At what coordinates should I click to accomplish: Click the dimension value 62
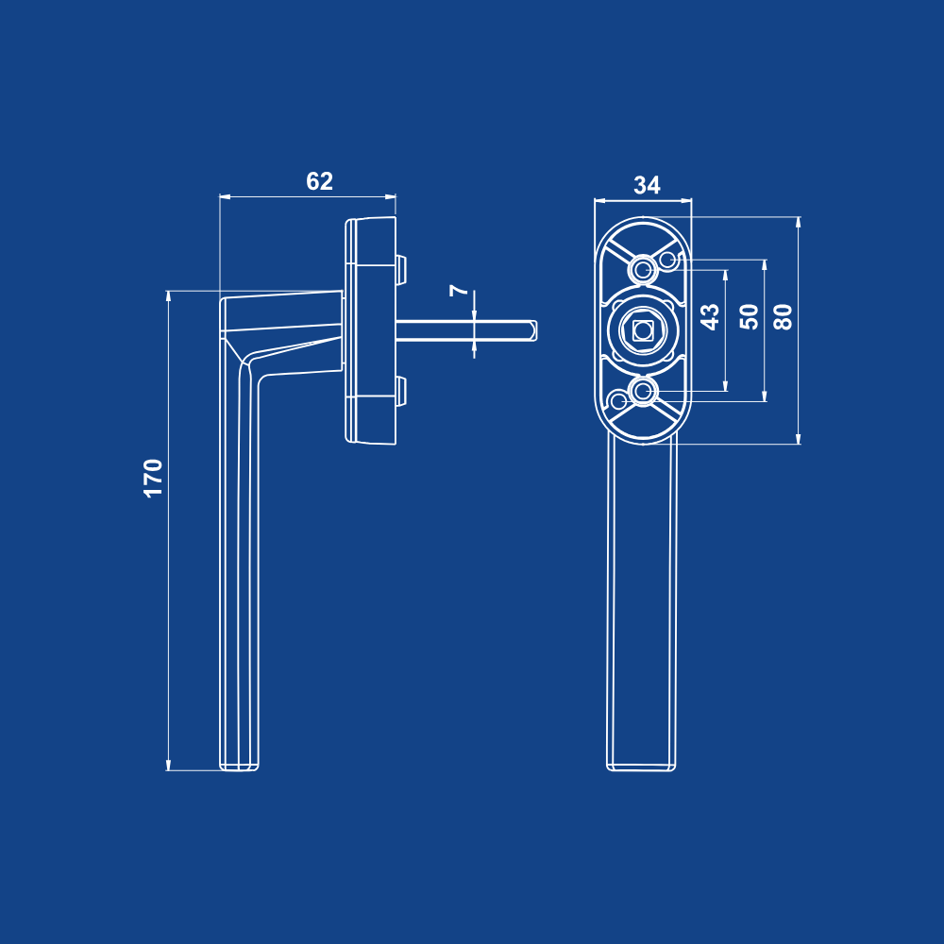pyautogui.click(x=319, y=181)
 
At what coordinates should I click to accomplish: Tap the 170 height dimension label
pyautogui.click(x=154, y=478)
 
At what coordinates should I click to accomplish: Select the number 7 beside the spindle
pyautogui.click(x=460, y=290)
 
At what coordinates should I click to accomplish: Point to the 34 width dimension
pyautogui.click(x=647, y=185)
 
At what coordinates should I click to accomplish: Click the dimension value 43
pyautogui.click(x=711, y=316)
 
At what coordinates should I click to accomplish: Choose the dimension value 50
pyautogui.click(x=749, y=316)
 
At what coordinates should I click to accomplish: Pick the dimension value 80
pyautogui.click(x=783, y=316)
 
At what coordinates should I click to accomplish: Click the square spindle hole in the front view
pyautogui.click(x=642, y=329)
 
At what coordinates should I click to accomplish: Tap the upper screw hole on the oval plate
pyautogui.click(x=642, y=269)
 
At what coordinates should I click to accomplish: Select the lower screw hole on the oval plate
pyautogui.click(x=642, y=392)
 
